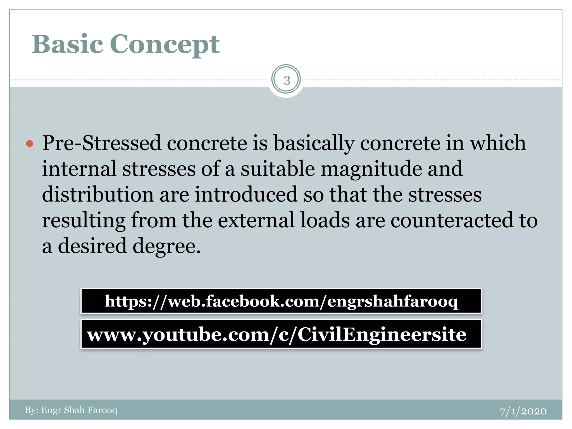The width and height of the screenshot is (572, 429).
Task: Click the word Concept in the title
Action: (x=165, y=45)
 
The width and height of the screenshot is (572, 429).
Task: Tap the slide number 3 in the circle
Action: (x=287, y=80)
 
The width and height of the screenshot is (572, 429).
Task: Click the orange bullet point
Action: (x=30, y=144)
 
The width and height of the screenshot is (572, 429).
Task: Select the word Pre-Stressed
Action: (x=102, y=143)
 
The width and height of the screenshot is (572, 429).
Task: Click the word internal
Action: (x=79, y=169)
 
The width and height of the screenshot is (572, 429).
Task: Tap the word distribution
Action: (x=98, y=195)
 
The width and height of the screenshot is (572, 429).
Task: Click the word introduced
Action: (x=246, y=195)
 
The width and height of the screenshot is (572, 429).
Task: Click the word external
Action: (x=256, y=220)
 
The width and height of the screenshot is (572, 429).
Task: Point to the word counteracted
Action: (x=452, y=220)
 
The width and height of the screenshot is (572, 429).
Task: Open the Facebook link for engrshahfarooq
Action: (x=281, y=301)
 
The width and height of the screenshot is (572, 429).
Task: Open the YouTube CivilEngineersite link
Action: (x=277, y=335)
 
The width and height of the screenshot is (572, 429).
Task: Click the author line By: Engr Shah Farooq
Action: (x=71, y=410)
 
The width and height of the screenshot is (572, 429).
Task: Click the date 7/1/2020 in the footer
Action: (x=523, y=411)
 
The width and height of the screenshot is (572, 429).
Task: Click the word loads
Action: (x=325, y=220)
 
